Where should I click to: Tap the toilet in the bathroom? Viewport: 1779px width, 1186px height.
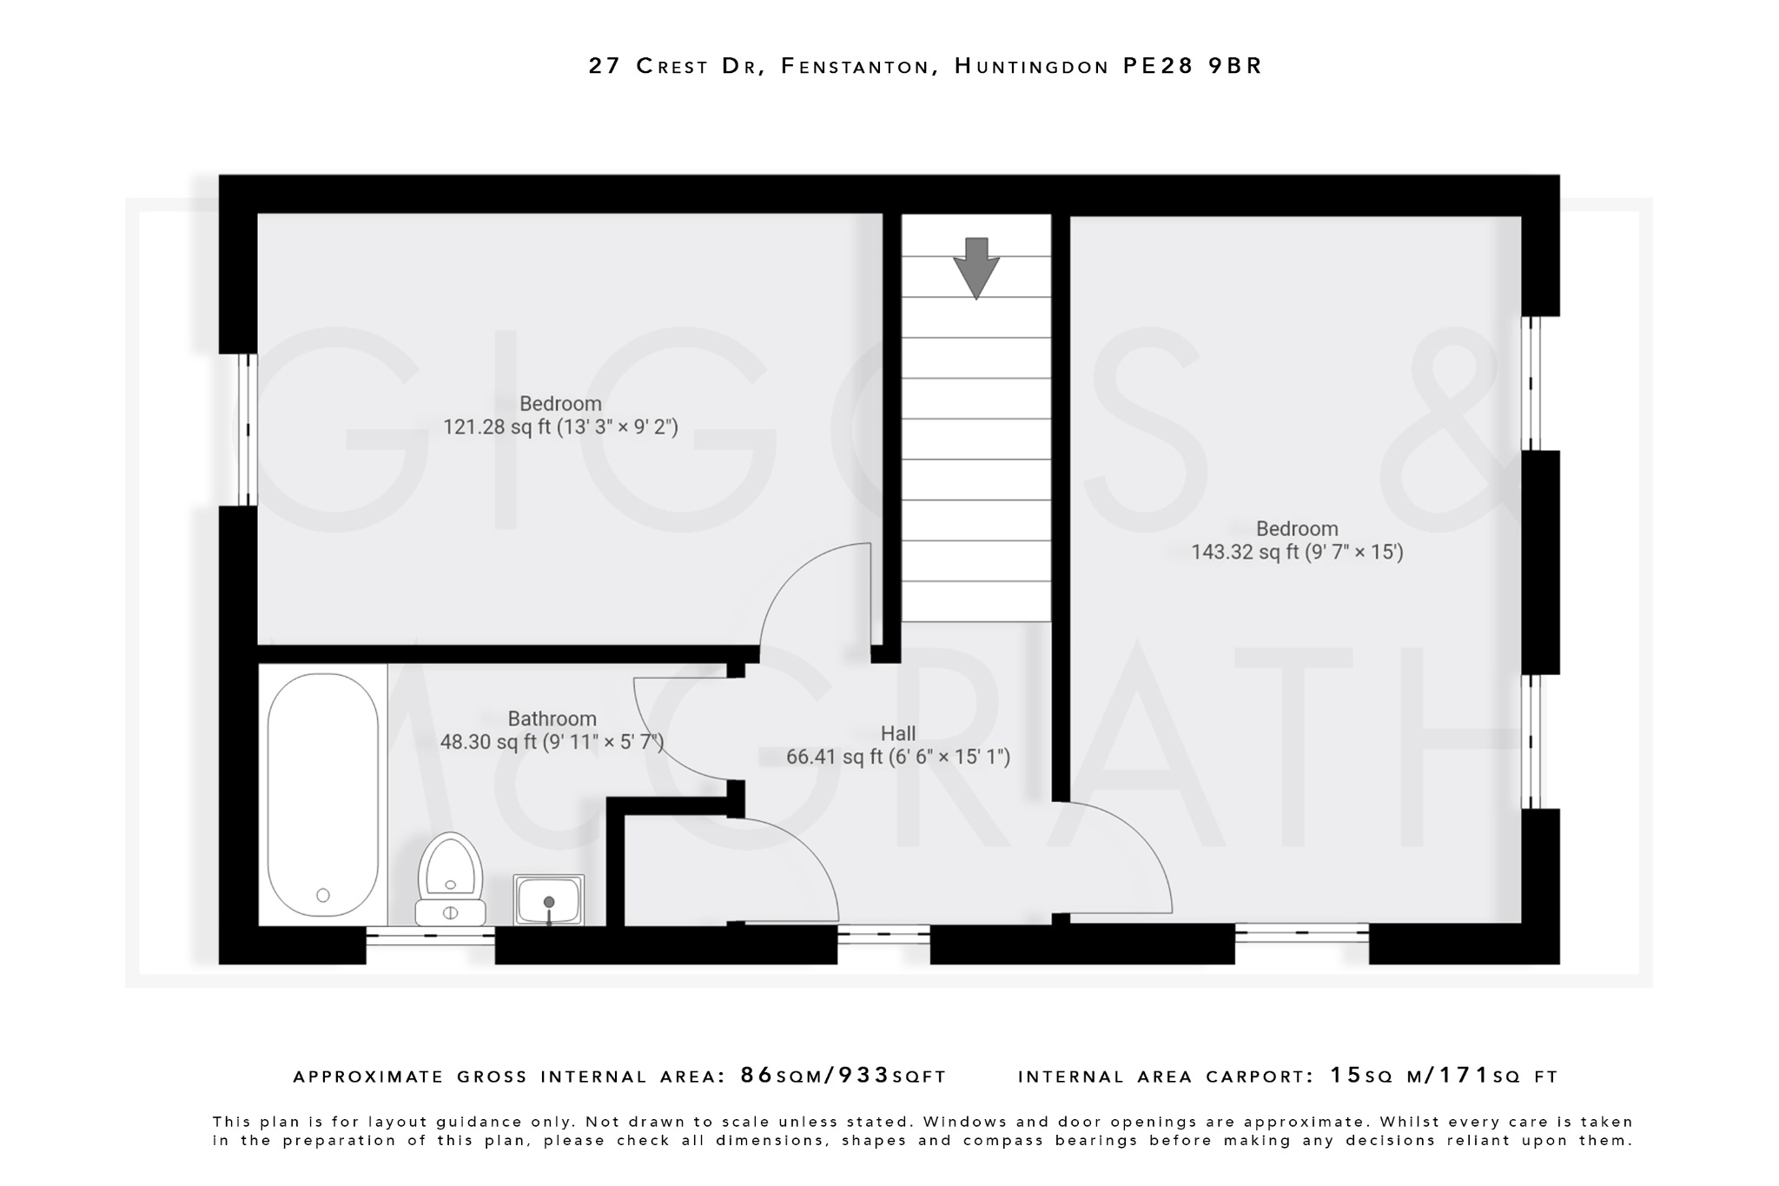[x=450, y=878]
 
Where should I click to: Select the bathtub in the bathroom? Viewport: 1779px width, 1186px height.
[x=322, y=794]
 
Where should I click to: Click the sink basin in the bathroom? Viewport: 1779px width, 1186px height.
[x=548, y=899]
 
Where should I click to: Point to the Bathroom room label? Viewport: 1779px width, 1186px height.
[x=552, y=719]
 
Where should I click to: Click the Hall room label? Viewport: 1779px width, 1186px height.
[x=898, y=733]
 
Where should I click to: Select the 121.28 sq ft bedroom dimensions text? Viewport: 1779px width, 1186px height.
[x=560, y=427]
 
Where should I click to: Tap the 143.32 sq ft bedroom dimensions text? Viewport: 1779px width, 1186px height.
[x=1297, y=553]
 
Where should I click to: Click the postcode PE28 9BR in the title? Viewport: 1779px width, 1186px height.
[x=1192, y=66]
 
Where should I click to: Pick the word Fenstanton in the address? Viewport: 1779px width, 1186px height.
[x=855, y=66]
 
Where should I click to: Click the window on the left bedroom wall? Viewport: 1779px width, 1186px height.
[x=248, y=429]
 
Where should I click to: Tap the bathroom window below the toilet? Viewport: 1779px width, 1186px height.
[x=430, y=936]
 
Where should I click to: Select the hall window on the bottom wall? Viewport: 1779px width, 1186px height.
[x=883, y=935]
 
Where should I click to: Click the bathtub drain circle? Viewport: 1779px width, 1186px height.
[x=323, y=895]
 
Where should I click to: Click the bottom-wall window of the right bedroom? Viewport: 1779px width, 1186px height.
[x=1301, y=933]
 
